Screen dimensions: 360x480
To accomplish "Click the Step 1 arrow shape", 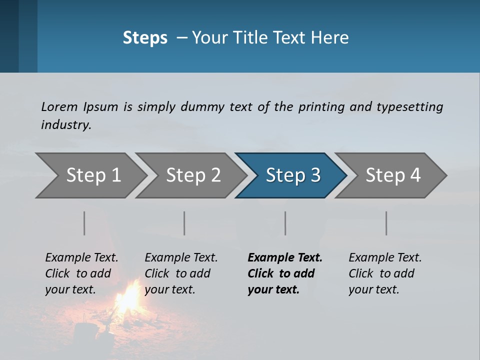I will coord(93,175).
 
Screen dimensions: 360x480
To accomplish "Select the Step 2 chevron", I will coord(193,175).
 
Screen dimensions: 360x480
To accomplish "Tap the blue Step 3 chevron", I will coord(293,175).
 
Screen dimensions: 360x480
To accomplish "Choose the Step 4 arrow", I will coord(393,175).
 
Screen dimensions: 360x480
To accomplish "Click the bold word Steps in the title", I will coord(145,38).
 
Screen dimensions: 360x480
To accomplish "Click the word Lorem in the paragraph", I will coord(59,106).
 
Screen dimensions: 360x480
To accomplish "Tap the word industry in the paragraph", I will coord(66,125).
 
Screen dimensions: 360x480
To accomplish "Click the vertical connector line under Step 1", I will coord(84,223).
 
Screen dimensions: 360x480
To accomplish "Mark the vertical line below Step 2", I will coord(184,223).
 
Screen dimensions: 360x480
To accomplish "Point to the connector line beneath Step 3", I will coord(285,223).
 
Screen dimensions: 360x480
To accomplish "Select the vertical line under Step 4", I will coord(386,223).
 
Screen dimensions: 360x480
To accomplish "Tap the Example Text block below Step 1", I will coord(81,273).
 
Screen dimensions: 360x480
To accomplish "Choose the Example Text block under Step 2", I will coord(181,273).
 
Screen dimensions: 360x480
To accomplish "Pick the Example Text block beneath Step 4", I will coord(385,273).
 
